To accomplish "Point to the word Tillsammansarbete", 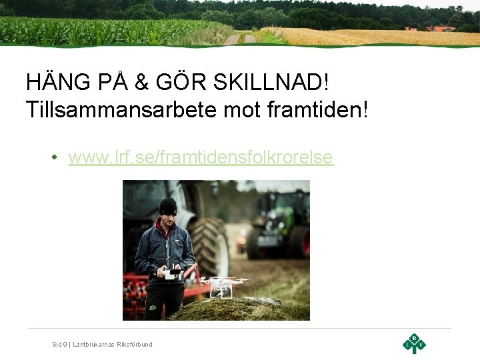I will [120, 109].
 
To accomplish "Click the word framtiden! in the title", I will [320, 109].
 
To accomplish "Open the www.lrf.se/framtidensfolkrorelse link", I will [200, 157].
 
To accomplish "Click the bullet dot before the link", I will [53, 158].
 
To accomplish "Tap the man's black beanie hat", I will [168, 206].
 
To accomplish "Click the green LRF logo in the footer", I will [414, 343].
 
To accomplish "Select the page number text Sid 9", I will [59, 344].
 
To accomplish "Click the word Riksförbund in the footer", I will [135, 344].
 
